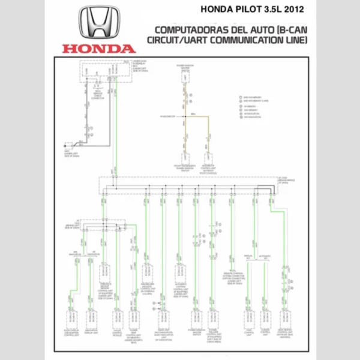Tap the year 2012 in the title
coord(291,9)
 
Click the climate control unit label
coord(265,332)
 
